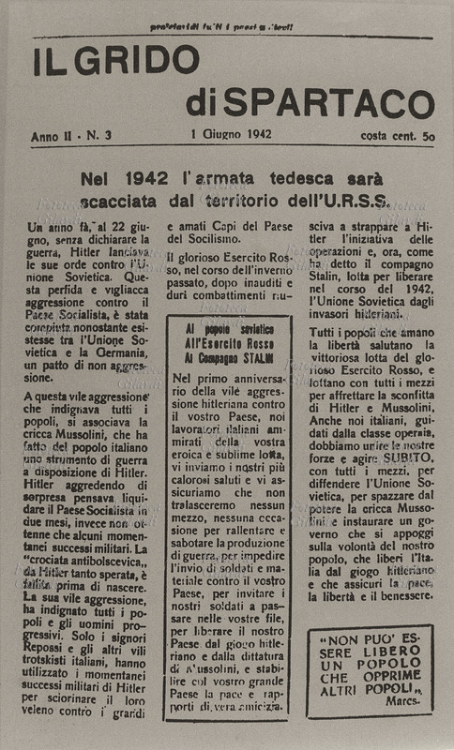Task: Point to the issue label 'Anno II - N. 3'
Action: (x=70, y=136)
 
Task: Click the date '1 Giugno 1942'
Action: (x=230, y=135)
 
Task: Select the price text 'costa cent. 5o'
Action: (x=397, y=136)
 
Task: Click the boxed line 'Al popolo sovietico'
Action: (x=230, y=330)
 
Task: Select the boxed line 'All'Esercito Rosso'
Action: (x=230, y=344)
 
